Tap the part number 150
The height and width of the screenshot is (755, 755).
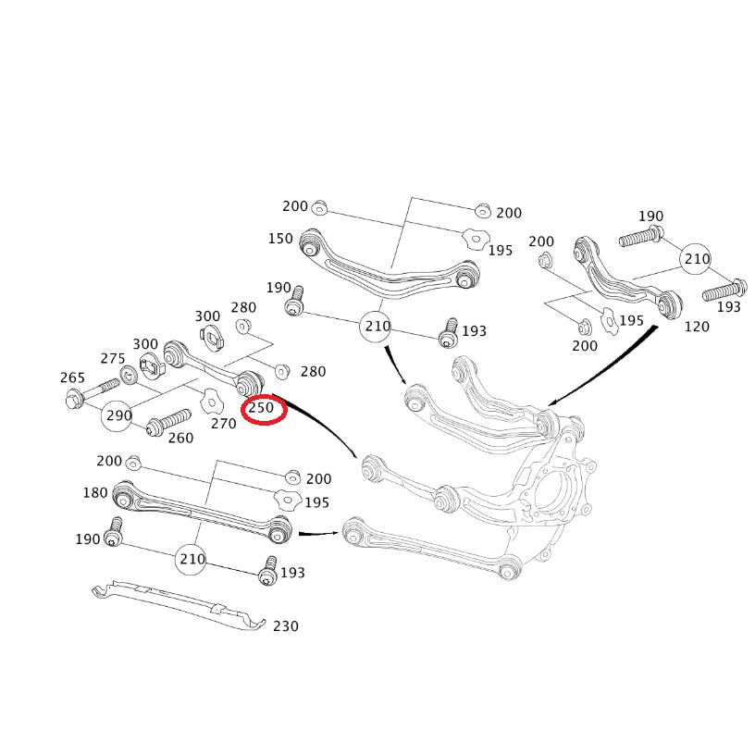click(x=280, y=239)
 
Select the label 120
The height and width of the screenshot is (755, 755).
click(x=697, y=326)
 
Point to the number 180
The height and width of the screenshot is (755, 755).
click(x=95, y=492)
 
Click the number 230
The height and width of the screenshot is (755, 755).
click(x=286, y=626)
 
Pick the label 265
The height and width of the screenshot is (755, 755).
click(x=72, y=377)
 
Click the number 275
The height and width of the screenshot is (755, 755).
click(x=113, y=359)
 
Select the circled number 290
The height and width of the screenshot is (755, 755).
click(x=119, y=415)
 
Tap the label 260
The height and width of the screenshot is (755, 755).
click(x=180, y=438)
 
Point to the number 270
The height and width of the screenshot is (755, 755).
click(x=223, y=424)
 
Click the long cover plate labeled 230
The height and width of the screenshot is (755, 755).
click(x=176, y=607)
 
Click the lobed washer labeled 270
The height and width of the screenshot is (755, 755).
click(x=212, y=402)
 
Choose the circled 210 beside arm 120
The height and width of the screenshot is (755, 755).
click(x=696, y=259)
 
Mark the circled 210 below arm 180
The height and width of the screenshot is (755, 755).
click(x=192, y=558)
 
